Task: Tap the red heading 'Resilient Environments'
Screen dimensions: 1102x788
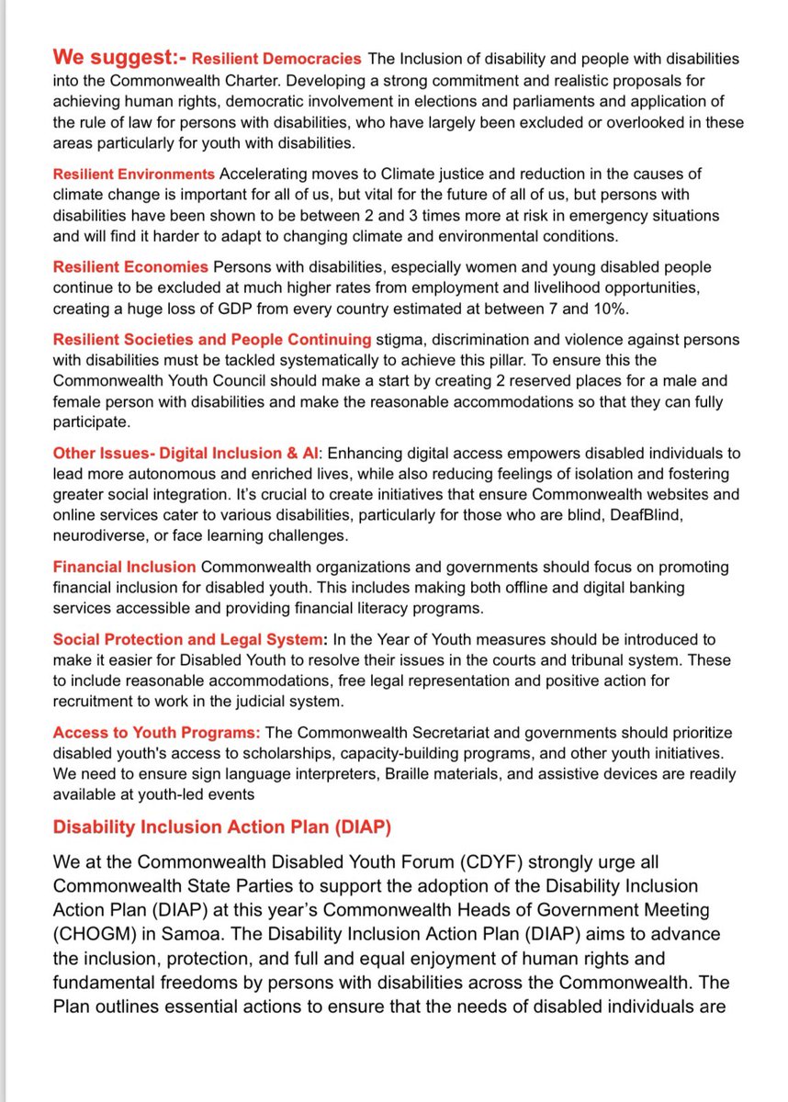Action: point(134,174)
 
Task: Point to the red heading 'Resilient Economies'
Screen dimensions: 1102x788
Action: point(130,267)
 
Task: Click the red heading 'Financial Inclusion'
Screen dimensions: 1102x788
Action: point(124,567)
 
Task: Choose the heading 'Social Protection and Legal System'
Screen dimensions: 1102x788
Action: point(185,639)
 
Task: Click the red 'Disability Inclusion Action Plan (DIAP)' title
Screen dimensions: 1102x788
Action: point(222,826)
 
